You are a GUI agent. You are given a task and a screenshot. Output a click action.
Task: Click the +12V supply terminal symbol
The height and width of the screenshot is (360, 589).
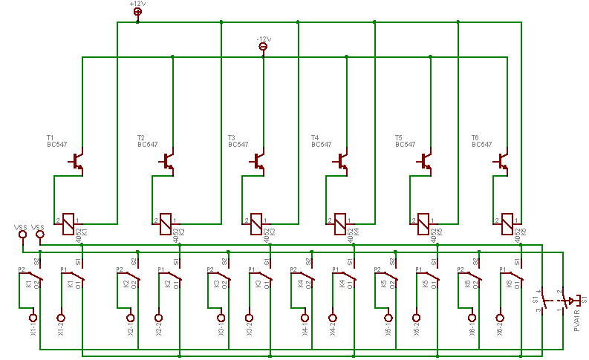point(137,11)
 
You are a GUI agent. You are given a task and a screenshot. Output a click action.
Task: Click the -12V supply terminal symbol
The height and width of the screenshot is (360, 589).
point(263,47)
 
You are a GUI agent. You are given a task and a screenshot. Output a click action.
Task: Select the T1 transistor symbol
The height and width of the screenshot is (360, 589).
point(77,160)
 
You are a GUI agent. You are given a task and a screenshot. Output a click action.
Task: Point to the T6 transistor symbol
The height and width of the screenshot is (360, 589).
point(503,160)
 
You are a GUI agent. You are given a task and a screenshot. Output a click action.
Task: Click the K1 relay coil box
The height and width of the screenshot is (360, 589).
point(68,220)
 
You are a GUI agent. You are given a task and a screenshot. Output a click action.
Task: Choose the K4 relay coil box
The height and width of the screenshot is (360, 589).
point(340,220)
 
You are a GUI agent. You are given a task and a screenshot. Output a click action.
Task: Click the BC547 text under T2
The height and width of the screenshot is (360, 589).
point(148,145)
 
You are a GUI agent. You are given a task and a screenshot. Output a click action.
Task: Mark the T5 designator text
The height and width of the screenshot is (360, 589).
point(399,138)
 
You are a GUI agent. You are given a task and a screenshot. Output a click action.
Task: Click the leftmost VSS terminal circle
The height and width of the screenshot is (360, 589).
point(22,235)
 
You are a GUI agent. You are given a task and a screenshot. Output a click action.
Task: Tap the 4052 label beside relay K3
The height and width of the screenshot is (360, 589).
point(267,235)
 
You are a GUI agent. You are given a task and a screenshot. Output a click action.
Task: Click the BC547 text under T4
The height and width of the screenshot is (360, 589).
point(322,145)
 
